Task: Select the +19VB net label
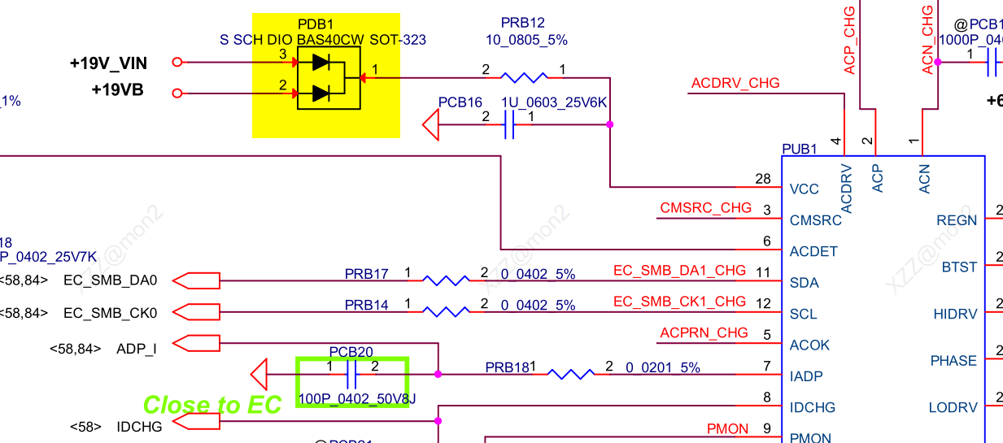(x=117, y=90)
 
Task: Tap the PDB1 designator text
(x=316, y=24)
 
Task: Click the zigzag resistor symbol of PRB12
(x=524, y=78)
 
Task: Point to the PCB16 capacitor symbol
(x=509, y=125)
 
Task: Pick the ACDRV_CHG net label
(x=735, y=83)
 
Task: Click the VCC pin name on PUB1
(x=805, y=189)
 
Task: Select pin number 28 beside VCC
(x=762, y=179)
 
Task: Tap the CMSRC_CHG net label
(x=706, y=208)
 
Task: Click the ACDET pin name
(x=813, y=251)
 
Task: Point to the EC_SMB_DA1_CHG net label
(x=679, y=270)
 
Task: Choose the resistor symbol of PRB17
(x=446, y=280)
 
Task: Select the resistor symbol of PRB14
(x=446, y=311)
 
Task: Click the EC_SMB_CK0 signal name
(x=110, y=313)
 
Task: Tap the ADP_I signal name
(x=137, y=349)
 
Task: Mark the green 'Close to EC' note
(x=212, y=404)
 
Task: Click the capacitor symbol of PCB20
(x=352, y=374)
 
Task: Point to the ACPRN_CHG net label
(x=704, y=332)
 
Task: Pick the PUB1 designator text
(x=799, y=150)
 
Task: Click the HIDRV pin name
(x=955, y=314)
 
